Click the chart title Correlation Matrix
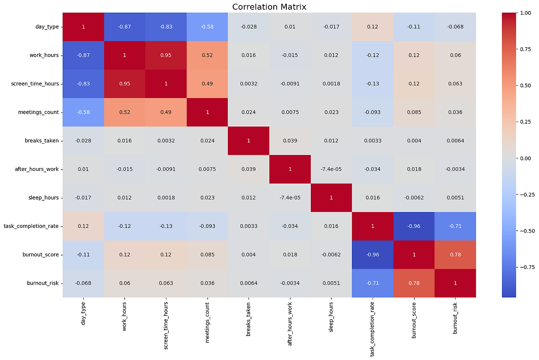[x=269, y=7]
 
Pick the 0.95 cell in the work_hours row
[x=166, y=55]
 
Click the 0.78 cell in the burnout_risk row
[x=414, y=283]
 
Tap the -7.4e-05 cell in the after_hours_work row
[x=331, y=169]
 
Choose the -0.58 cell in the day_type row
[x=207, y=27]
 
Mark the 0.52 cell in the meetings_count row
[x=125, y=112]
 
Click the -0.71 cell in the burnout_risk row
[x=372, y=283]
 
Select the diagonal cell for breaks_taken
[x=248, y=141]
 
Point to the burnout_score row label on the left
[x=41, y=254]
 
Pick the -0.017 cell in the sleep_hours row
[x=83, y=197]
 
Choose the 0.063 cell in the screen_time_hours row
[x=455, y=84]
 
